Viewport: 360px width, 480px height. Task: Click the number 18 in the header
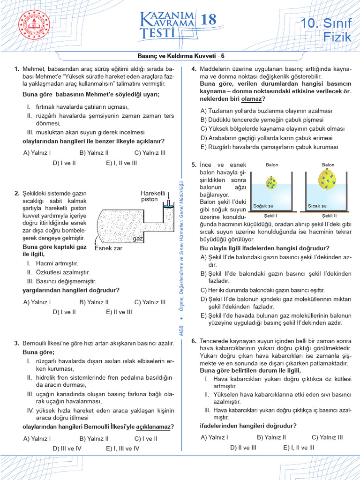click(209, 20)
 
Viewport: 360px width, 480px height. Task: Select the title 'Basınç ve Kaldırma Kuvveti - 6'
click(181, 56)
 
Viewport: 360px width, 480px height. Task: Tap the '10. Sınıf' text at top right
click(326, 23)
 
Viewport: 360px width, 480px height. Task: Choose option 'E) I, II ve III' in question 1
click(121, 163)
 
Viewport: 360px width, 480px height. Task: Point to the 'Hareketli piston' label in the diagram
click(153, 196)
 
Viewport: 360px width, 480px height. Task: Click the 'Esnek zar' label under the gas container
click(108, 248)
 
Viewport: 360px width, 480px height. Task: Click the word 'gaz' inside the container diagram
click(137, 239)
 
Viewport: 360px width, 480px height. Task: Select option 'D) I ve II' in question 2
click(64, 311)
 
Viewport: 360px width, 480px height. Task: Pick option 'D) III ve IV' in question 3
click(67, 448)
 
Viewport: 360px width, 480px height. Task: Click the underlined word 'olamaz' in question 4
click(251, 99)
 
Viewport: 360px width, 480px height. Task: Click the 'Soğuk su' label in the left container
click(262, 206)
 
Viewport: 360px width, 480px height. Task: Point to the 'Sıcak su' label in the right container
click(317, 206)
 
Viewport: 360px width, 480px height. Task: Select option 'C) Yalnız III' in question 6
click(327, 437)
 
